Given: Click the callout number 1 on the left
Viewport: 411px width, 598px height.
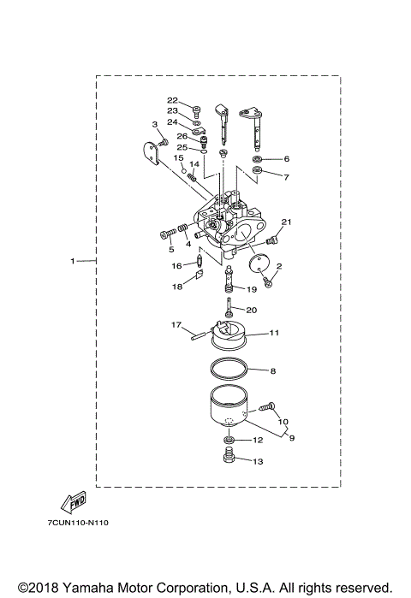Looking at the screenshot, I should pos(73,259).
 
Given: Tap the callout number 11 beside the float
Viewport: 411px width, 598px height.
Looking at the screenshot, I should pos(275,332).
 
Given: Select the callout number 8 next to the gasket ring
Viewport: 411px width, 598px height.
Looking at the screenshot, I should pos(272,371).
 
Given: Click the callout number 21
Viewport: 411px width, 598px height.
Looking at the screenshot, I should pos(287,222).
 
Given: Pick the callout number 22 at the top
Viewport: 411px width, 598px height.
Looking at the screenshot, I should pos(172,100).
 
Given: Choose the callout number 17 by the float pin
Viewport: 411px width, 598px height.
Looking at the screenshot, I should pos(176,324).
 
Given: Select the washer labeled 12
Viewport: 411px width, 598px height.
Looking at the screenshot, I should pos(229,441).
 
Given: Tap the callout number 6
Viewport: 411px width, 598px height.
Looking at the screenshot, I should pos(286,159).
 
